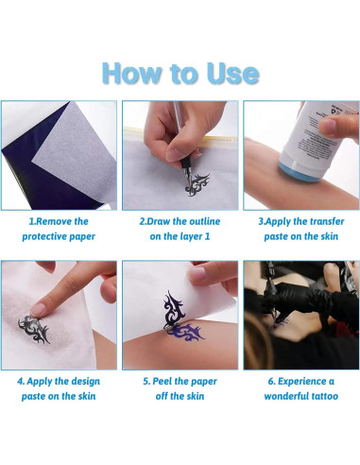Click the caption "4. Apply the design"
pyautogui.click(x=59, y=381)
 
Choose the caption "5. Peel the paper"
pyautogui.click(x=180, y=381)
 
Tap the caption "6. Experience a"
pyautogui.click(x=300, y=381)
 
